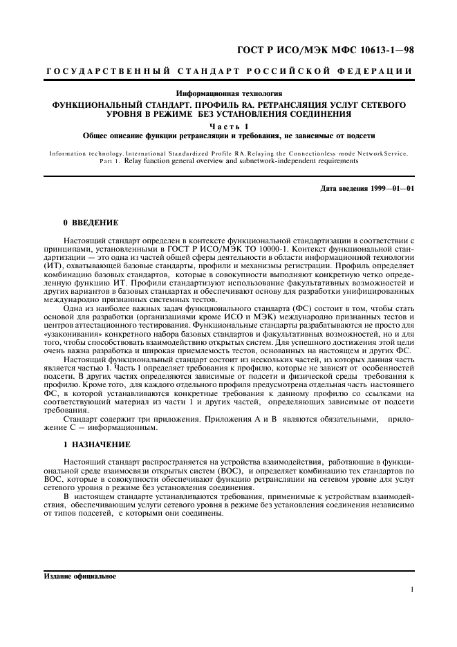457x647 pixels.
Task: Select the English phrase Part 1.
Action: point(111,160)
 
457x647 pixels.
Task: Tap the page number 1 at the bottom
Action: point(412,590)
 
